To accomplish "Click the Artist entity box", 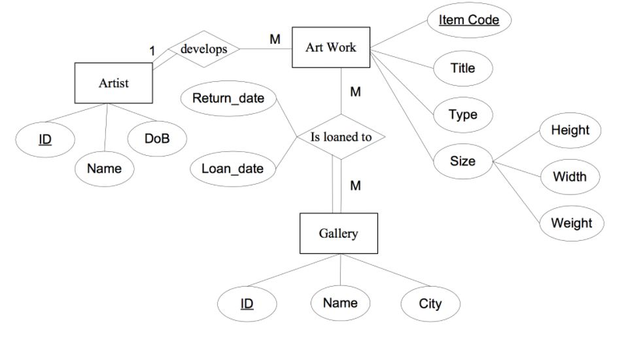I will tap(113, 83).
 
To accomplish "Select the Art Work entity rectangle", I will tap(330, 47).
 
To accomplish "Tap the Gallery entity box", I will tap(338, 233).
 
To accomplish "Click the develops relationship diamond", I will tap(203, 49).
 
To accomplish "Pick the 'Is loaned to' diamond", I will tap(340, 137).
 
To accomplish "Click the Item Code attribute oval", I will tap(468, 20).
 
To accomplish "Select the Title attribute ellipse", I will tap(462, 68).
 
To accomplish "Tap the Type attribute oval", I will tap(462, 115).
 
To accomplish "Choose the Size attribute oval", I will tap(462, 160).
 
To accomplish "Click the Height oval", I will tap(570, 130).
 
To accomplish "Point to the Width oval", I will tap(570, 177).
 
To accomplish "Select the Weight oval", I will tap(571, 223).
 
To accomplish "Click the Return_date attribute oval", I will tap(228, 99).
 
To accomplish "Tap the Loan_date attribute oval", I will tap(232, 168).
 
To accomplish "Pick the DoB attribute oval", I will tap(156, 138).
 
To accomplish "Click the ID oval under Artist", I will tap(45, 139).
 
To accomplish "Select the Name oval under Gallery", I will tap(340, 302).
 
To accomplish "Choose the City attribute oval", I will tap(430, 304).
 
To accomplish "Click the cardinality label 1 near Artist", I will tap(152, 50).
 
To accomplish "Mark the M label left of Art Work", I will tap(275, 39).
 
